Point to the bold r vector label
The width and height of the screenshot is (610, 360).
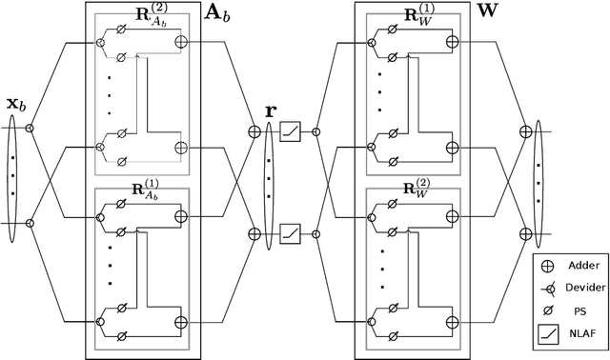pyautogui.click(x=271, y=110)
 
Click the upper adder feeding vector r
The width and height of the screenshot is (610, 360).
pyautogui.click(x=254, y=132)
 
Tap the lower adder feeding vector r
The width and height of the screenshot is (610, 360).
pyautogui.click(x=254, y=231)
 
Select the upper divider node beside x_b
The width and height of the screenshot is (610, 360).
pyautogui.click(x=30, y=127)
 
